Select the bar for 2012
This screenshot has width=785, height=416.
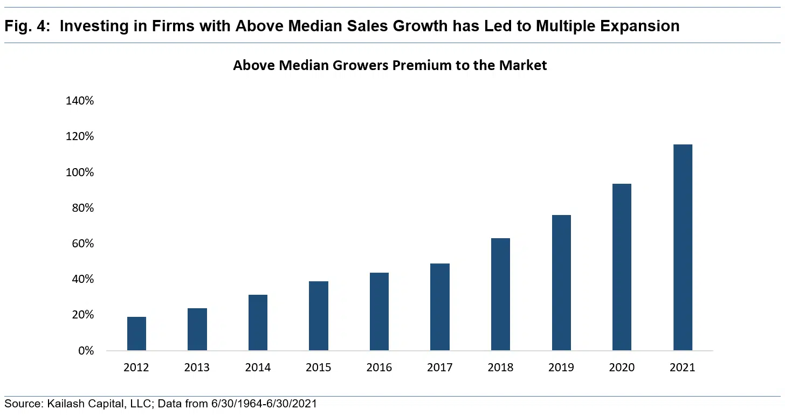click(136, 334)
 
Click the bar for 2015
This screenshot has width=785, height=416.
click(318, 316)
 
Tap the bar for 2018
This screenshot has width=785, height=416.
click(500, 294)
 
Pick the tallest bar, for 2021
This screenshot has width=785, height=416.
click(683, 247)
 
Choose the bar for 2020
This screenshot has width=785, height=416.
click(622, 267)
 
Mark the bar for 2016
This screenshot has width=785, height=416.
click(379, 311)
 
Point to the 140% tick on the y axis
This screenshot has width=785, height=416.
click(79, 101)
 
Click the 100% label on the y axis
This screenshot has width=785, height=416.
click(79, 172)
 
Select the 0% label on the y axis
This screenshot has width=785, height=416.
click(85, 351)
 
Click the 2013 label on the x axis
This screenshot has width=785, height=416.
click(197, 368)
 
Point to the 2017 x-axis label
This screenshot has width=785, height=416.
click(440, 368)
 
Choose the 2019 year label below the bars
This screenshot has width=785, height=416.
click(561, 368)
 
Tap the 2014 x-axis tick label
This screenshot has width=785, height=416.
click(258, 368)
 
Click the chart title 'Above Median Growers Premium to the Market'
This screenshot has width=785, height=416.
click(390, 66)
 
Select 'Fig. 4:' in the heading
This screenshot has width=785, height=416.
click(27, 26)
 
